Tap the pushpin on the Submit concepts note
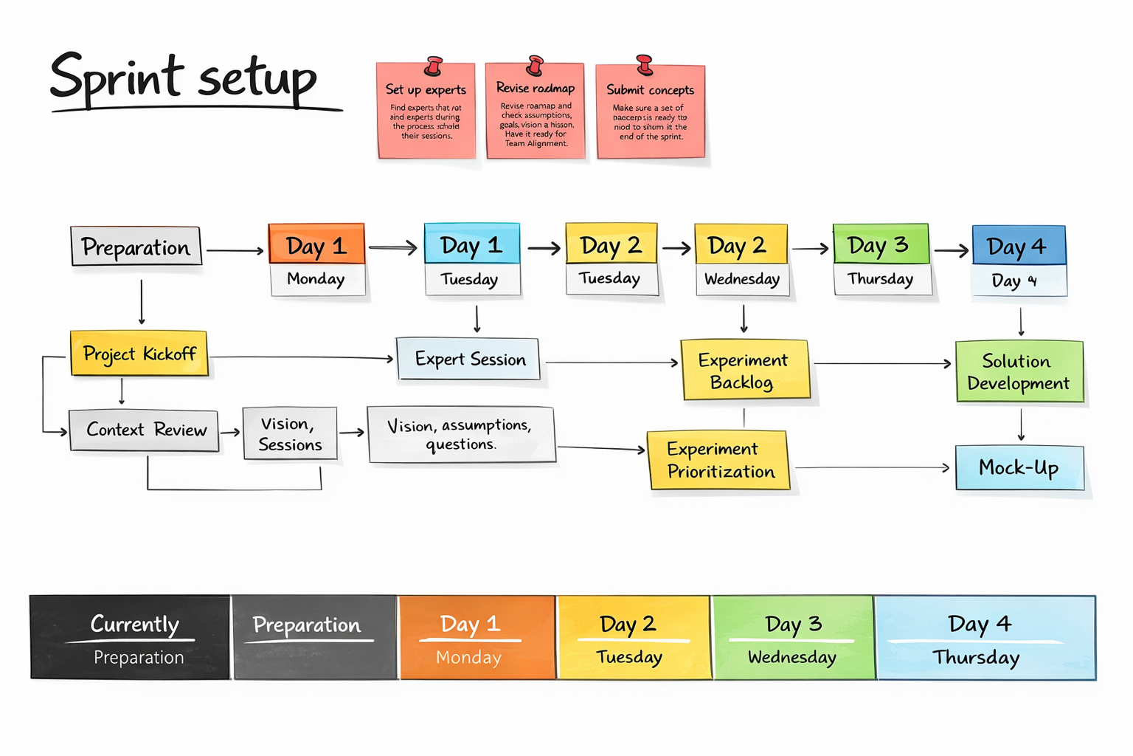point(645,65)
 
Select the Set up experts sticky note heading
point(426,90)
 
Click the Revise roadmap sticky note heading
point(535,89)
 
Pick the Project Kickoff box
point(139,354)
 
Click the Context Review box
point(145,430)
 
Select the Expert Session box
point(469,360)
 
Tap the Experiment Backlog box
point(744,371)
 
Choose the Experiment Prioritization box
point(719,460)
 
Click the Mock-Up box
point(1019,467)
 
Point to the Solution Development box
point(1019,372)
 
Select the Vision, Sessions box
point(290,434)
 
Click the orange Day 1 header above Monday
point(316,245)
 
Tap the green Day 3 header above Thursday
point(879,245)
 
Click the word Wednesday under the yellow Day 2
point(741,279)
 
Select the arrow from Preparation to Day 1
point(235,251)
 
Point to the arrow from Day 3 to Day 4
point(951,251)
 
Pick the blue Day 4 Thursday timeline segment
point(984,638)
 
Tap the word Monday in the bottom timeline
point(468,657)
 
